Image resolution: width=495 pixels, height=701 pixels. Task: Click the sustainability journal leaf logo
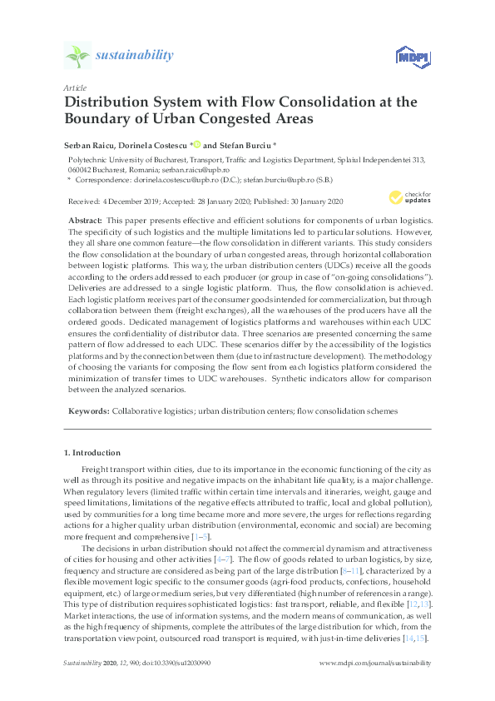[77, 57]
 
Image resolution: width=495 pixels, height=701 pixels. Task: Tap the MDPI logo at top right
[410, 57]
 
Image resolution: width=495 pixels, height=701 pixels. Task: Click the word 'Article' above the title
[74, 87]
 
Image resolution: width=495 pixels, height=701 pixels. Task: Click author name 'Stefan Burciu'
[252, 143]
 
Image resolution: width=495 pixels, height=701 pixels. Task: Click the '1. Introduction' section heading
[92, 452]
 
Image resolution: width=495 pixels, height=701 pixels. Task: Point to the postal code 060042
[80, 168]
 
